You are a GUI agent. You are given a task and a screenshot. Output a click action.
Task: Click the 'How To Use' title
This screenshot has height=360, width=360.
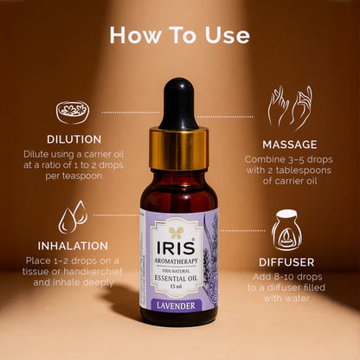point(179,35)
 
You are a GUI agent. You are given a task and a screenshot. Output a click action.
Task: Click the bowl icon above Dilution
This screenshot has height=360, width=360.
point(71,112)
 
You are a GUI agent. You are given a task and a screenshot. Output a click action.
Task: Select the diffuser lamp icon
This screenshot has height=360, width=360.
point(287,231)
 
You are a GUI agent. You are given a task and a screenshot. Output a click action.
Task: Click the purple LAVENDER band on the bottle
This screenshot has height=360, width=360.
point(179,305)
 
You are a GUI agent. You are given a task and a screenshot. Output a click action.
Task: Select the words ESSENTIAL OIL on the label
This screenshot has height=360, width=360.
point(177,267)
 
